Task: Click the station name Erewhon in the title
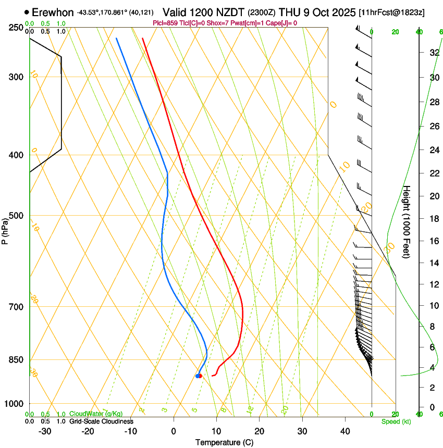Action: point(53,12)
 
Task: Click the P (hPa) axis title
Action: point(5,229)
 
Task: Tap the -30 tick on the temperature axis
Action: point(45,431)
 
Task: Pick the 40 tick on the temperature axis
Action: point(345,431)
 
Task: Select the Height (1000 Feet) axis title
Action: point(407,222)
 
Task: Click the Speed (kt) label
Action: point(396,421)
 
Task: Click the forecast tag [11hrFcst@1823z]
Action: point(391,12)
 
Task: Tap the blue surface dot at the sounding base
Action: point(198,376)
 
